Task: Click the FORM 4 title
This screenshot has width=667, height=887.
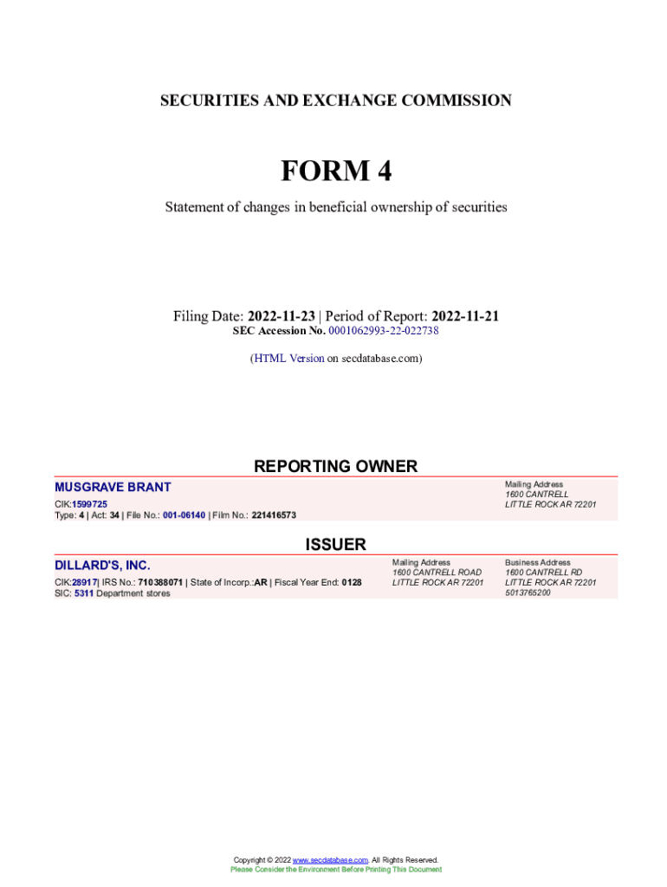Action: [x=335, y=172]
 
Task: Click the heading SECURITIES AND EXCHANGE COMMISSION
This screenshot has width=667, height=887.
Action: [x=335, y=100]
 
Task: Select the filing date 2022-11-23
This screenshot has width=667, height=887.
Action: [x=281, y=316]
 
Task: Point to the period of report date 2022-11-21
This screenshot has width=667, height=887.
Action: [x=465, y=316]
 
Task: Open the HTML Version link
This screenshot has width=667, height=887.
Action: [x=288, y=358]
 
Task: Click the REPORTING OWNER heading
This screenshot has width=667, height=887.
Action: [x=335, y=466]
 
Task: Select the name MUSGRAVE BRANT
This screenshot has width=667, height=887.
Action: [x=113, y=488]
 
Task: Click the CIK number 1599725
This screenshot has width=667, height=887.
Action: [x=90, y=503]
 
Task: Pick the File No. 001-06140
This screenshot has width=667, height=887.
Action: [x=184, y=515]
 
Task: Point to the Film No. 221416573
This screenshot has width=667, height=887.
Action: [x=274, y=515]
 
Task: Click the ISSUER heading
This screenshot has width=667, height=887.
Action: [x=335, y=545]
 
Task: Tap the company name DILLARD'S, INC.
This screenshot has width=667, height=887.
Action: [x=102, y=566]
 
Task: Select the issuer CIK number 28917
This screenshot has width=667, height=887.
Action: [x=83, y=582]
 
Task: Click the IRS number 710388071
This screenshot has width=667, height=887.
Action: [x=159, y=582]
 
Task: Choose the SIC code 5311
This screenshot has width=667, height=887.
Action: [x=83, y=593]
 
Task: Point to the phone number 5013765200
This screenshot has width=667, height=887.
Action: [x=528, y=592]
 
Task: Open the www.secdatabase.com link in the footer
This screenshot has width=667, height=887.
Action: [x=331, y=859]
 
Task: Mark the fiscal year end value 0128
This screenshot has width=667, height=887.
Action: [x=351, y=582]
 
